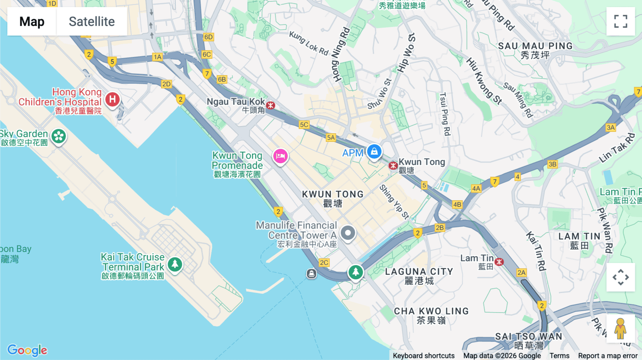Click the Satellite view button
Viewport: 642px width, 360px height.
pyautogui.click(x=92, y=21)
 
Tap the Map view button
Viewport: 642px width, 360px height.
pyautogui.click(x=32, y=21)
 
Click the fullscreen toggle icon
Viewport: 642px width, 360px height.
pyautogui.click(x=621, y=21)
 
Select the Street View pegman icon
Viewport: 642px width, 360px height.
pyautogui.click(x=620, y=328)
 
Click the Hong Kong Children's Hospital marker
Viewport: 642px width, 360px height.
pyautogui.click(x=112, y=99)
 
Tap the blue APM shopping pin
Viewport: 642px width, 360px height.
pyautogui.click(x=374, y=151)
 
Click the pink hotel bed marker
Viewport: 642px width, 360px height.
pyautogui.click(x=280, y=156)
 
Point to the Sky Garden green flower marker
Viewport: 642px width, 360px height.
pyautogui.click(x=58, y=136)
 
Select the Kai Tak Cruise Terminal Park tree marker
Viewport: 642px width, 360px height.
pyautogui.click(x=175, y=264)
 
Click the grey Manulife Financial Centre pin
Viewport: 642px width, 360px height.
pyautogui.click(x=348, y=233)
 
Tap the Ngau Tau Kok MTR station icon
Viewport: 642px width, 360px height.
pyautogui.click(x=271, y=106)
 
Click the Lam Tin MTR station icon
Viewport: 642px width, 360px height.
pyautogui.click(x=499, y=262)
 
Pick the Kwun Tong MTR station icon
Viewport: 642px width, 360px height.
pyautogui.click(x=393, y=166)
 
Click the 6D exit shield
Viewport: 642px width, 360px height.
pyautogui.click(x=208, y=37)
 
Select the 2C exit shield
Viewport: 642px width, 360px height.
pyautogui.click(x=324, y=263)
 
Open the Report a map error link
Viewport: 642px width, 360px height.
pyautogui.click(x=608, y=356)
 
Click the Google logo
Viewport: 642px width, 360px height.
pyautogui.click(x=27, y=350)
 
